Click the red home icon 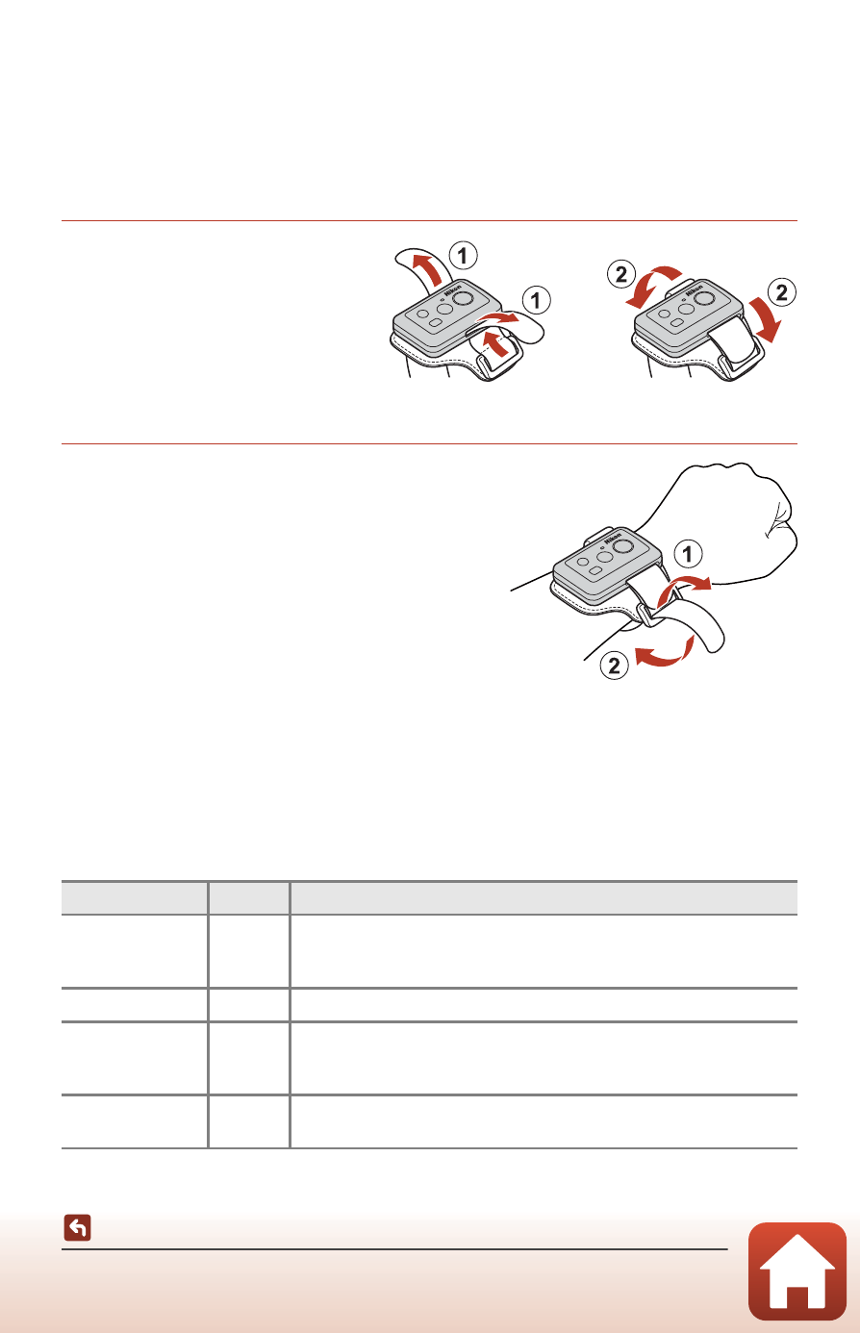click(x=797, y=1271)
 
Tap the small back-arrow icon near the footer click(x=77, y=1227)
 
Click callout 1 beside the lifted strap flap click(x=463, y=256)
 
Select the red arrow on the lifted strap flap click(x=427, y=267)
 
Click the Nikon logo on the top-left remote click(x=453, y=290)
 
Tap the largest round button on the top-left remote click(x=461, y=297)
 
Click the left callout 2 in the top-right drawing click(x=620, y=275)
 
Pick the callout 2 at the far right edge click(x=782, y=292)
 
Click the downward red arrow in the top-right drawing click(x=764, y=319)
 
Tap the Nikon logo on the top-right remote click(x=695, y=289)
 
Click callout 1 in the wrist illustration click(x=688, y=554)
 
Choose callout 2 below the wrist click(x=614, y=666)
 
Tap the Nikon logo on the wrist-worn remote click(x=613, y=538)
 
